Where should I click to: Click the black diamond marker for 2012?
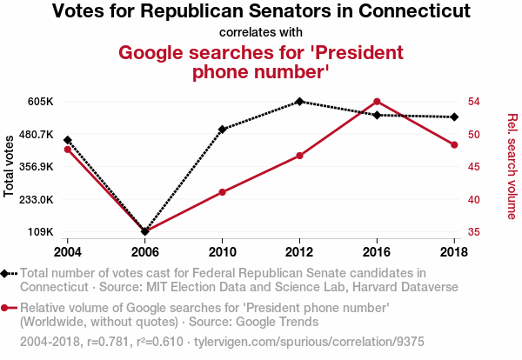(299, 102)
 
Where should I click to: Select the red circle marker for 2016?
(377, 102)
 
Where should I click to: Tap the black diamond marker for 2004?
(68, 140)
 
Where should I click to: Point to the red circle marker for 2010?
(223, 192)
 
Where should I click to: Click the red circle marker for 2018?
(454, 144)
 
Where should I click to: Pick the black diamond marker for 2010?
(223, 130)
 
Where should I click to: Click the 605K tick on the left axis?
(41, 102)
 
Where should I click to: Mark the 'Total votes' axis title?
(10, 166)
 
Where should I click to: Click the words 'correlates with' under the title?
(261, 32)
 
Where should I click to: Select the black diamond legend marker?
(7, 274)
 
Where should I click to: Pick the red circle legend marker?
(7, 307)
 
